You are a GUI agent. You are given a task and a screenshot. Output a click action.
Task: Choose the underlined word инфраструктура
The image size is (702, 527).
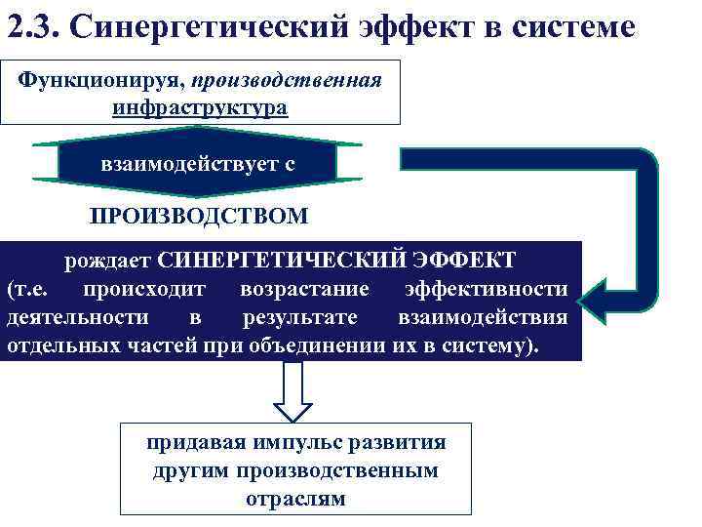pos(200,106)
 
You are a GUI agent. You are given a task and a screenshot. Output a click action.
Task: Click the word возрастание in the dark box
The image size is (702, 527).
pos(305,290)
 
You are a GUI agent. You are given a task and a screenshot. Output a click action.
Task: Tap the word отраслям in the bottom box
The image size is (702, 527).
pos(295,498)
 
